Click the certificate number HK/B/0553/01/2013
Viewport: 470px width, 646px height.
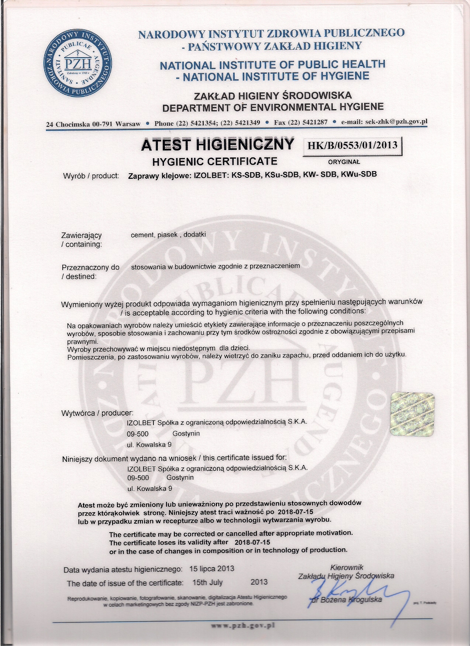pyautogui.click(x=352, y=145)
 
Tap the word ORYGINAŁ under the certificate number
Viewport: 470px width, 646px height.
pyautogui.click(x=343, y=161)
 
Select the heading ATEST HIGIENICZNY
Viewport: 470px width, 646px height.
pyautogui.click(x=218, y=144)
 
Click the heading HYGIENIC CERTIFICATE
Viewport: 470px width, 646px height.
pyautogui.click(x=215, y=161)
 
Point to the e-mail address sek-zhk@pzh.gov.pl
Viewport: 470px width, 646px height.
pyautogui.click(x=396, y=122)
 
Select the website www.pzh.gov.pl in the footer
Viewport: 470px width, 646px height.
pyautogui.click(x=243, y=625)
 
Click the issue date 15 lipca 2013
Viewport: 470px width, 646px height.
pyautogui.click(x=212, y=569)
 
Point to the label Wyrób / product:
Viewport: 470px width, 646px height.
pyautogui.click(x=91, y=176)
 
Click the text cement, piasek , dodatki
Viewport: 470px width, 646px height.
pyautogui.click(x=168, y=235)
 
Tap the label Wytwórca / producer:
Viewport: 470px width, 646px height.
pyautogui.click(x=97, y=413)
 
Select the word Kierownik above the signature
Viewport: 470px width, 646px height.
pyautogui.click(x=347, y=567)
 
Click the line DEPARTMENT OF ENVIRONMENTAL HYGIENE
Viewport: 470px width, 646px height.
pyautogui.click(x=273, y=108)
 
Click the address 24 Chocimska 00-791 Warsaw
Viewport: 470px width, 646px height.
pyautogui.click(x=93, y=124)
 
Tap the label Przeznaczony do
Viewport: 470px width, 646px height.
pyautogui.click(x=90, y=267)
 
